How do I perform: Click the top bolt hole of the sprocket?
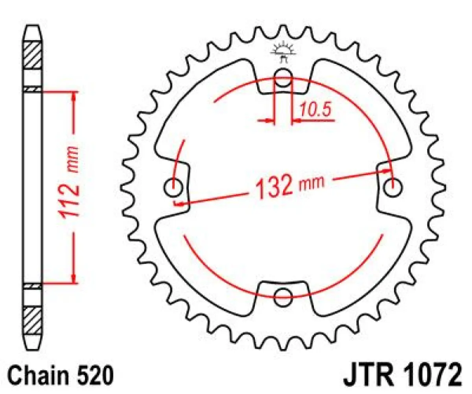point(282,77)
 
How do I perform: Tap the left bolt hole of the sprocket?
point(173,187)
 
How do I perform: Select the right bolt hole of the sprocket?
point(392,187)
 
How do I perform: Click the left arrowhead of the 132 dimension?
point(179,204)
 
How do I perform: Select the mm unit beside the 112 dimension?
point(72,160)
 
